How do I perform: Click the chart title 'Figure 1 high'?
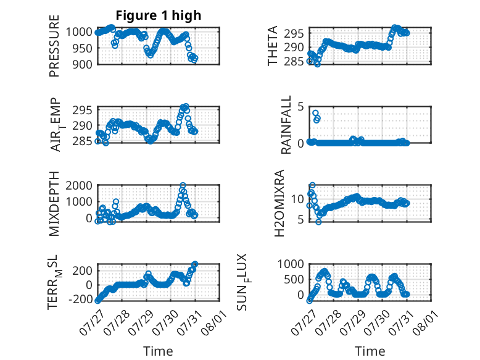[x=159, y=15]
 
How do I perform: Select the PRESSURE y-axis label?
[x=54, y=46]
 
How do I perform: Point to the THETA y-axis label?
[x=272, y=46]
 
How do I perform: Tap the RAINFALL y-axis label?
[x=286, y=125]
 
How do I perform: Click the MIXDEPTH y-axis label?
[x=54, y=204]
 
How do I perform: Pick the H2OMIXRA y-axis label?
[x=279, y=203]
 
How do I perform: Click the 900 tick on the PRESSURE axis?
[x=81, y=64]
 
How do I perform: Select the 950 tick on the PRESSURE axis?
[x=81, y=48]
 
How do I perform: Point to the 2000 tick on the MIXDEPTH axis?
[x=79, y=185]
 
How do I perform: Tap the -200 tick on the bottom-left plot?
[x=80, y=299]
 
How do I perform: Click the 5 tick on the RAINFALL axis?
[x=300, y=107]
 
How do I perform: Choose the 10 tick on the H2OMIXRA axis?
[x=297, y=199]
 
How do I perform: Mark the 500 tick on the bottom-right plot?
[x=294, y=279]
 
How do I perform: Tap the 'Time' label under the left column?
[x=158, y=351]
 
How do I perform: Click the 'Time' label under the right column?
[x=370, y=351]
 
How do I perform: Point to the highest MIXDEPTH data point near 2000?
[x=183, y=185]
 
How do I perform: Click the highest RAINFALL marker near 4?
[x=315, y=113]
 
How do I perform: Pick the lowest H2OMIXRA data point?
[x=319, y=222]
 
